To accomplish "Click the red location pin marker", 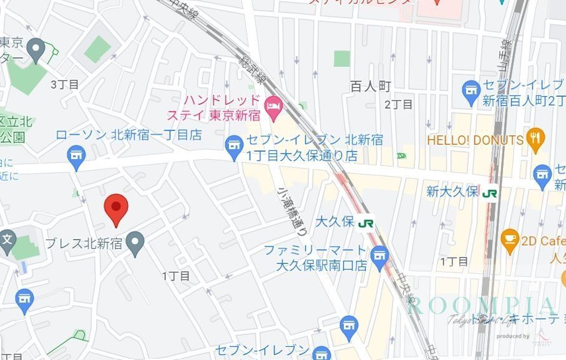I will pyautogui.click(x=115, y=209).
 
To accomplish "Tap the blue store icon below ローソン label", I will pyautogui.click(x=77, y=157).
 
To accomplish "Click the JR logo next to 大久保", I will pyautogui.click(x=366, y=222).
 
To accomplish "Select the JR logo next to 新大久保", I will pyautogui.click(x=490, y=193).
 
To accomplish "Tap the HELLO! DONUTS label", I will pyautogui.click(x=475, y=140).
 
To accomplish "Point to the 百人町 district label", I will pyautogui.click(x=370, y=87).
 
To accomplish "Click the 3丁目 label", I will pyautogui.click(x=64, y=85).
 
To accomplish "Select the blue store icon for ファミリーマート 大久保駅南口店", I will pyautogui.click(x=379, y=256).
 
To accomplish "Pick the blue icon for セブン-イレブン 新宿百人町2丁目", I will pyautogui.click(x=471, y=94).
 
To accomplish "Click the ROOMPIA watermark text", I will pyautogui.click(x=481, y=306).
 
